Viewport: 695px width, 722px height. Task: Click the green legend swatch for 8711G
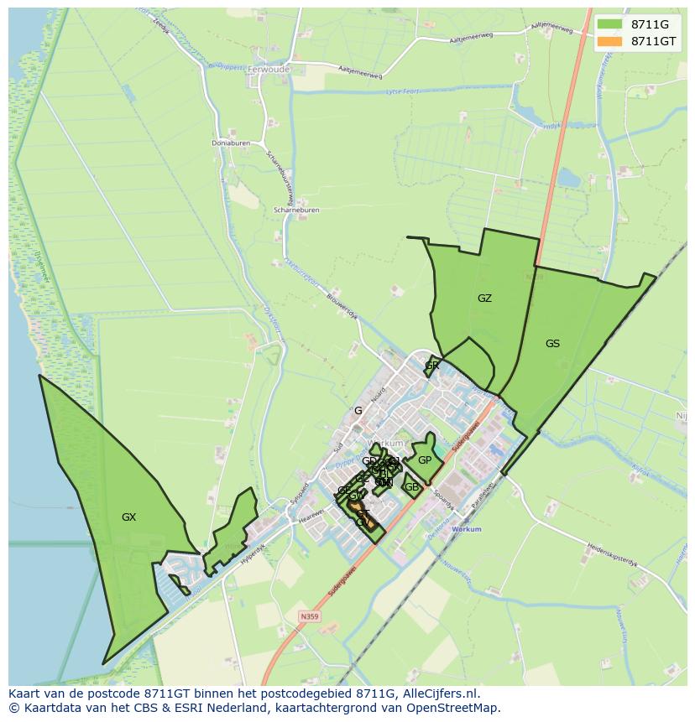(610, 24)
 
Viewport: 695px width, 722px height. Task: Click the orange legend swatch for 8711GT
(610, 41)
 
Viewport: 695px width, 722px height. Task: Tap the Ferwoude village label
(269, 70)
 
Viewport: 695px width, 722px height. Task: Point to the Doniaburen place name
(231, 143)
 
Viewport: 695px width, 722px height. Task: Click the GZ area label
(484, 299)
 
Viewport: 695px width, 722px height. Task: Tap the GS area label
(552, 344)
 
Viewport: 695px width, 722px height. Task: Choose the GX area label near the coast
(128, 517)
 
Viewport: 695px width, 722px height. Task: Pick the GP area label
(425, 460)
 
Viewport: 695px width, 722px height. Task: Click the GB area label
(411, 487)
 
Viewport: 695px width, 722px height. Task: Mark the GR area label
(432, 366)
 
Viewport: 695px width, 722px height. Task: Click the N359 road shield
(310, 616)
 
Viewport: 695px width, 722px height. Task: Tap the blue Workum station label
(467, 530)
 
